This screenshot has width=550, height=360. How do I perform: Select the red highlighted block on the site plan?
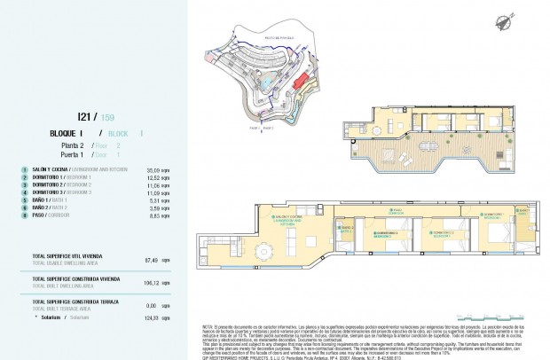click(x=302, y=82)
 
